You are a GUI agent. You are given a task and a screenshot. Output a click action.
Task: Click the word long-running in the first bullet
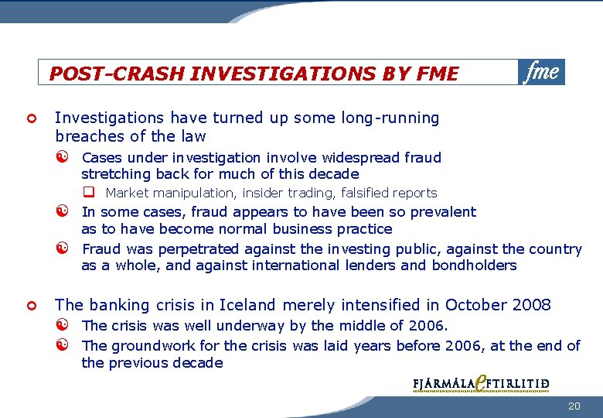point(390,118)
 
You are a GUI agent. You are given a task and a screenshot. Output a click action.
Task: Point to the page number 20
point(573,406)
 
